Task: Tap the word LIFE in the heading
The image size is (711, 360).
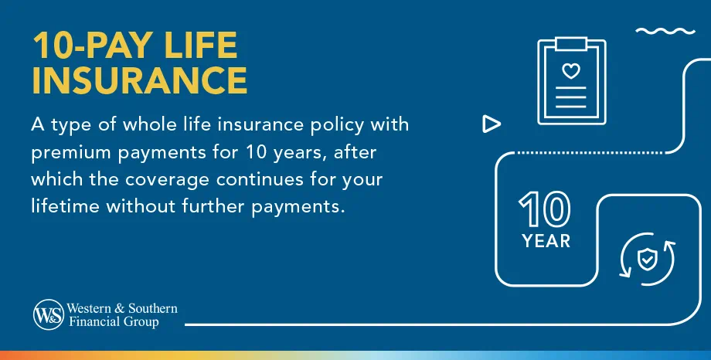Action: tap(199, 46)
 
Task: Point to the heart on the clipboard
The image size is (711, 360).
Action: tap(570, 72)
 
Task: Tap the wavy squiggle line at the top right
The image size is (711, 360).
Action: tap(665, 32)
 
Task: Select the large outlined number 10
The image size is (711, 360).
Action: tap(546, 209)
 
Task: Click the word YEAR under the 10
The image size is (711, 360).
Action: tap(546, 241)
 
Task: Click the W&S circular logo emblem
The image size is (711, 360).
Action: tap(48, 314)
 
